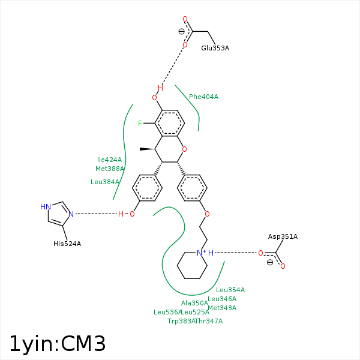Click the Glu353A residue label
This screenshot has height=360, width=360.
[x=215, y=48]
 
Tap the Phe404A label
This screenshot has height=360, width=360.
[x=203, y=97]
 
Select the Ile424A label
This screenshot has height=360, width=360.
[x=109, y=160]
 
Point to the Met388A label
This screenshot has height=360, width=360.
[x=109, y=169]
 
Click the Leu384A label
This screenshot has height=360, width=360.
[x=105, y=182]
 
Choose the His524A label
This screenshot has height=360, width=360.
[x=67, y=244]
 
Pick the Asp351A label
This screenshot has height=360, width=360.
[x=283, y=236]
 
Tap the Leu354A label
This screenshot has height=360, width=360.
[x=230, y=290]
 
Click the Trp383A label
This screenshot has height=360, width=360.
[x=181, y=321]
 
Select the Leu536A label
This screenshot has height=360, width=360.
[x=167, y=312]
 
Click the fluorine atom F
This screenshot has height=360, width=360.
[x=140, y=124]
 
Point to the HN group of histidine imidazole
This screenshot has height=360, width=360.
[x=45, y=206]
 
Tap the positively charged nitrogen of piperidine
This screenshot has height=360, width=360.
[x=201, y=253]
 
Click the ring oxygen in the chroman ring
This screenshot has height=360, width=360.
[x=184, y=149]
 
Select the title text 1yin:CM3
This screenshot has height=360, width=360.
[x=58, y=343]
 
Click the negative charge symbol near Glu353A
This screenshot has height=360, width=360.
[x=182, y=32]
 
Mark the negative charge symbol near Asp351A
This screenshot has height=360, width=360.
[x=270, y=262]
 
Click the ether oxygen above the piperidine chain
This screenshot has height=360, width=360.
[x=207, y=214]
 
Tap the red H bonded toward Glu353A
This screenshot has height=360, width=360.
[x=160, y=88]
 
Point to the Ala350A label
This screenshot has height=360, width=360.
[x=194, y=303]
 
